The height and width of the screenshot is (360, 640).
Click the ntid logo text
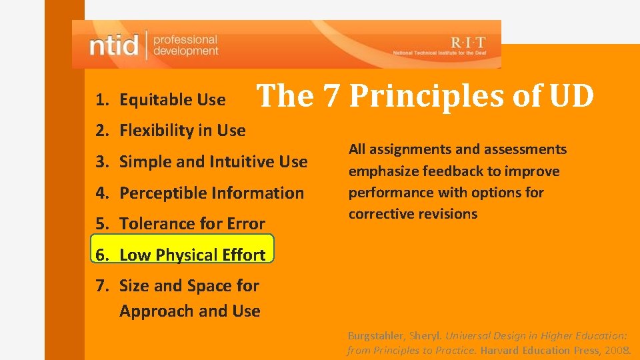[114, 45]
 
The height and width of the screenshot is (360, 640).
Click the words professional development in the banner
[185, 45]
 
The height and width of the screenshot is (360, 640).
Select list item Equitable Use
[172, 100]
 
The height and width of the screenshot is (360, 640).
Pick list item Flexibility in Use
[182, 131]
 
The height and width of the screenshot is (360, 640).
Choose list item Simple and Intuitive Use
[213, 161]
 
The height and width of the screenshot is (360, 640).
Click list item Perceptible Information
[211, 193]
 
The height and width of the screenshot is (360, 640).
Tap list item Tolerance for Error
[192, 224]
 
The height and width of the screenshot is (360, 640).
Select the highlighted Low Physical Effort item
[192, 255]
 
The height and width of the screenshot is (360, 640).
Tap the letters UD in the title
[571, 97]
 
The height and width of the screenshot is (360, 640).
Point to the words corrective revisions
[413, 214]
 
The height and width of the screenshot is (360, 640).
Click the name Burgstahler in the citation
[375, 336]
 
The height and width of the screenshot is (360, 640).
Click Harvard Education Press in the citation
[539, 350]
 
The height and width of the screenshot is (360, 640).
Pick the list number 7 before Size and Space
[101, 286]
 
